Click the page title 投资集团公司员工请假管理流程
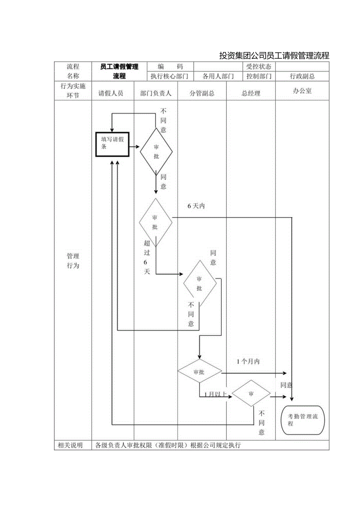point(274,56)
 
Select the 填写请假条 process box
point(113,144)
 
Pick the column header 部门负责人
point(156,93)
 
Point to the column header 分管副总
point(202,93)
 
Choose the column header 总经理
point(251,93)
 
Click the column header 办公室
point(302,91)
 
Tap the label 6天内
point(196,206)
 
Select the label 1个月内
point(248,362)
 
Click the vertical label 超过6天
point(147,257)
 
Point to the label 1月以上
point(212,394)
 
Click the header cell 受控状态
point(259,67)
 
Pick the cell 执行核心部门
point(169,76)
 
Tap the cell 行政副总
point(302,76)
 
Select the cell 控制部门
point(259,76)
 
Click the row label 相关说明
point(70,445)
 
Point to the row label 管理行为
point(73,261)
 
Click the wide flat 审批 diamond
point(200,372)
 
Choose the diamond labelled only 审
point(251,394)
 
